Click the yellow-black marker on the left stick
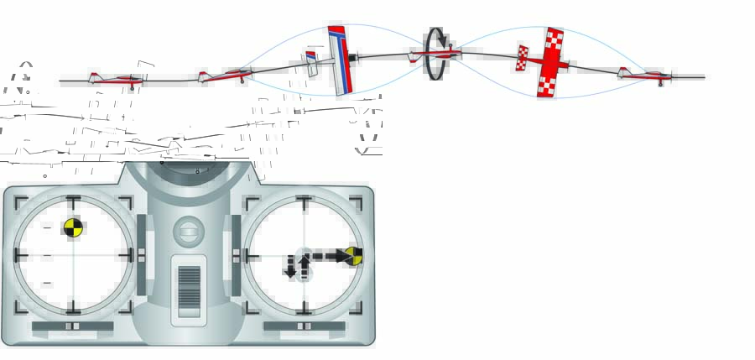pos(73,227)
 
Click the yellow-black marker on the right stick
pos(354,255)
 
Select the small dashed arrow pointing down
pos(290,267)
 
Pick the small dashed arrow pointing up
pos(304,265)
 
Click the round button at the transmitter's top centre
pos(188,231)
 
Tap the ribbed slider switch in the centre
pos(189,290)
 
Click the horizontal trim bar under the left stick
pos(72,326)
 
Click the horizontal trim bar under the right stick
pos(304,326)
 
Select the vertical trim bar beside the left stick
pos(140,254)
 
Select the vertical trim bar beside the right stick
pos(237,254)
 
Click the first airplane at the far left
pos(116,80)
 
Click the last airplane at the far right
pos(645,76)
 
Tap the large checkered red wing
pos(551,63)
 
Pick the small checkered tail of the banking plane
pos(522,58)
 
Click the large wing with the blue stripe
pos(341,60)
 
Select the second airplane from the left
pos(226,76)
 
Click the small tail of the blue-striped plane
pos(310,64)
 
